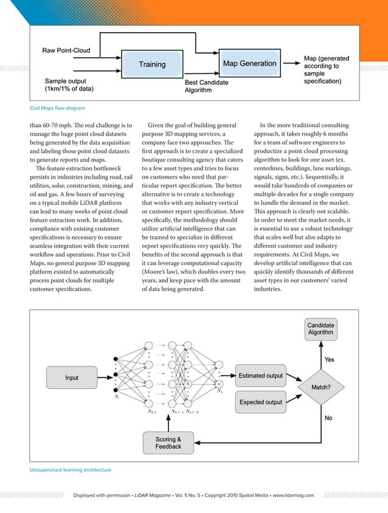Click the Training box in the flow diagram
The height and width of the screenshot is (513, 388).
tap(151, 64)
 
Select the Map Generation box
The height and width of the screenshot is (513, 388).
tap(249, 63)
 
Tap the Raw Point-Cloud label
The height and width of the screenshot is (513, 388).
tap(65, 49)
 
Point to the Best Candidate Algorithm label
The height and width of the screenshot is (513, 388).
tap(207, 86)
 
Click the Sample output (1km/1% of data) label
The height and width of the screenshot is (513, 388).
tap(69, 84)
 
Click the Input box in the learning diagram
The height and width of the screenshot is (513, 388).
tap(72, 377)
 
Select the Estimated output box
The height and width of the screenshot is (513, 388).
tap(260, 376)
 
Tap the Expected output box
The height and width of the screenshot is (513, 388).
tap(260, 402)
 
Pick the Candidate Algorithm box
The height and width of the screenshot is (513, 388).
tap(320, 329)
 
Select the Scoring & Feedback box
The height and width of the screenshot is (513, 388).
tap(168, 442)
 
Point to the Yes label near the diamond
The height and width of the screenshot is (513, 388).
tap(330, 359)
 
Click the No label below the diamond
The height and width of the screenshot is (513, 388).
tap(328, 418)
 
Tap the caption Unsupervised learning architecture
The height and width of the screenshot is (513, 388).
tap(70, 469)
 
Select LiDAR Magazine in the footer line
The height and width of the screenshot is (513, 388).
tap(153, 495)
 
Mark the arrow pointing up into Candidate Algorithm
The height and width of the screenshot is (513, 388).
tap(321, 349)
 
